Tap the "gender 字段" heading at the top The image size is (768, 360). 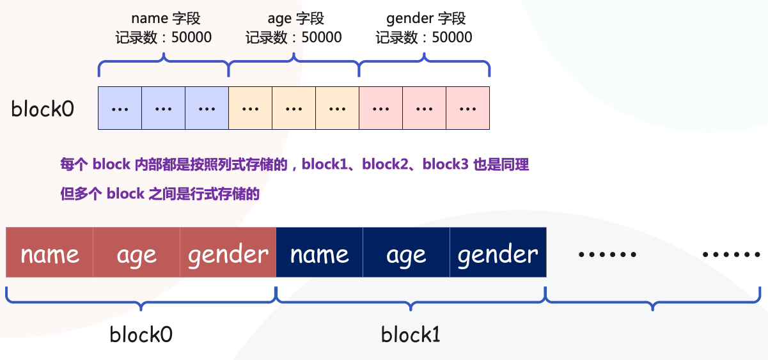(426, 18)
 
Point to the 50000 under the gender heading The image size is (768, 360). (452, 37)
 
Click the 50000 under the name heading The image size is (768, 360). (191, 37)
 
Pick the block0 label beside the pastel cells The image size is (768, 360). (42, 109)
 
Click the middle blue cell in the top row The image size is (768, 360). (163, 108)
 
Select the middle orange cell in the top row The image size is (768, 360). (294, 108)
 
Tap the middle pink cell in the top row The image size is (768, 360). (424, 108)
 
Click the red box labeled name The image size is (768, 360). (50, 254)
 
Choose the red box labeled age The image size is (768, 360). (136, 254)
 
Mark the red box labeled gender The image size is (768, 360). (228, 254)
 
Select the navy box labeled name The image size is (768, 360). (319, 254)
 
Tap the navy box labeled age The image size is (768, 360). (406, 254)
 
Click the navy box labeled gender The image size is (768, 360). (498, 254)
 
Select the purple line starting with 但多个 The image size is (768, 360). (159, 194)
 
